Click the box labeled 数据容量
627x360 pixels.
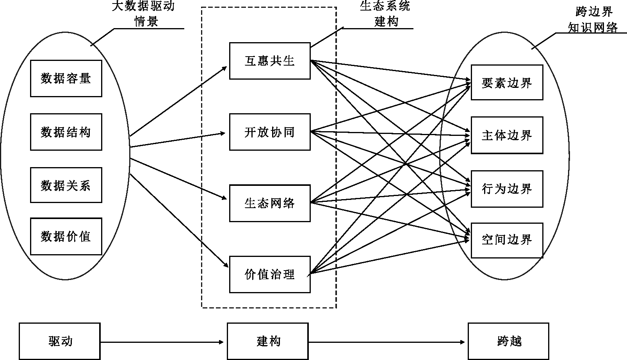(66, 78)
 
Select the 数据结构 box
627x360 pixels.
(66, 132)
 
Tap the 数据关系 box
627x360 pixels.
(66, 185)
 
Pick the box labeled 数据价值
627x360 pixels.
(66, 236)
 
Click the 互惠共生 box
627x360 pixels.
(270, 61)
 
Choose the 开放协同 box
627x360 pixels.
(270, 132)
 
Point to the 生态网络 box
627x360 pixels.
(270, 203)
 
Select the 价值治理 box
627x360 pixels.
(270, 274)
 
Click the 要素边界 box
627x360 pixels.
(507, 82)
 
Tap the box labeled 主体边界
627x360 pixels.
(507, 135)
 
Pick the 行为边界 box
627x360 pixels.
(507, 189)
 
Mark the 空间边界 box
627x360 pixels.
(507, 240)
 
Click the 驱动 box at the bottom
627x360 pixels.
(60, 341)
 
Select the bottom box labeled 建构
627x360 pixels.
(268, 341)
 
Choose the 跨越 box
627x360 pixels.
(508, 341)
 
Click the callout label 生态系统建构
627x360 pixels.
(385, 14)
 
